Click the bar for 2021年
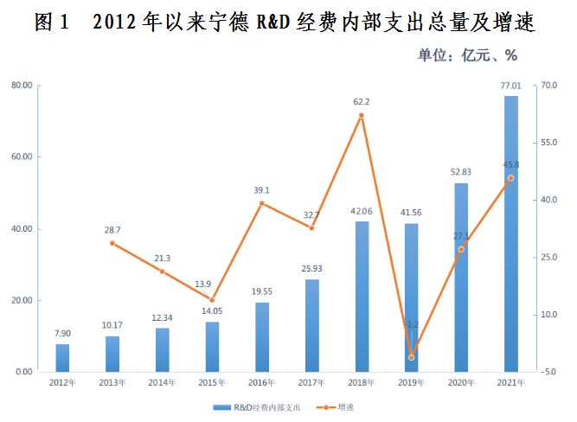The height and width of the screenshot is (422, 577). pyautogui.click(x=510, y=233)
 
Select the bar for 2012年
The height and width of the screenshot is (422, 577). pyautogui.click(x=62, y=357)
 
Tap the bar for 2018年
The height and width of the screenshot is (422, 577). pyautogui.click(x=362, y=296)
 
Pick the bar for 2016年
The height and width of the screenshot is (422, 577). pyautogui.click(x=261, y=336)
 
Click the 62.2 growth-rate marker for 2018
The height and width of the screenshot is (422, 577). pyautogui.click(x=362, y=115)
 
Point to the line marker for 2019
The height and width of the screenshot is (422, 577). pyautogui.click(x=412, y=357)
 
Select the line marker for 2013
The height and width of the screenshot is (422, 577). pyautogui.click(x=112, y=243)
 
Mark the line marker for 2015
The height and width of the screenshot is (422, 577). pyautogui.click(x=212, y=299)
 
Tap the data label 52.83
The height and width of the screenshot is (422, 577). pyautogui.click(x=461, y=173)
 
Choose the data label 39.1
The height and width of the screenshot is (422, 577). pyautogui.click(x=261, y=191)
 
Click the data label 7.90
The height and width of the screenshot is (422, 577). pyautogui.click(x=62, y=334)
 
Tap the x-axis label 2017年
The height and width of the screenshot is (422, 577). pyautogui.click(x=311, y=381)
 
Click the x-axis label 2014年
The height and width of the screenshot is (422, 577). pyautogui.click(x=162, y=381)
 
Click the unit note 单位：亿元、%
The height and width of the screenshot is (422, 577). pyautogui.click(x=468, y=55)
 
